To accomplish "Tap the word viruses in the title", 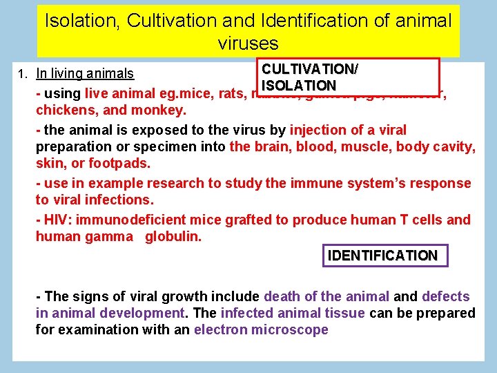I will click(x=248, y=44).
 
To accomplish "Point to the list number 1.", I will click(x=22, y=74).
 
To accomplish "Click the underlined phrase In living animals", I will click(x=85, y=74).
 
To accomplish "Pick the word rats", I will click(x=228, y=93).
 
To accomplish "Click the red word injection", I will click(x=320, y=130).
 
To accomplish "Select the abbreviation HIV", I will click(x=57, y=220).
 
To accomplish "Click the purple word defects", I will click(x=446, y=297).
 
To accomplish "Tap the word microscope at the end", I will click(x=290, y=329).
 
